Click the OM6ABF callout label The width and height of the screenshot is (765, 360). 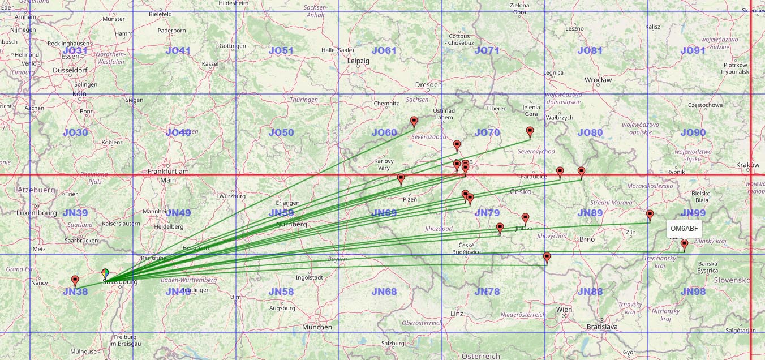(684, 229)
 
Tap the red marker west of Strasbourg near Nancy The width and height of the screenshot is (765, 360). (75, 281)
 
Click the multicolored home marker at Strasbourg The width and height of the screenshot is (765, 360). (105, 274)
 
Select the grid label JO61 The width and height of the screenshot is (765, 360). (384, 50)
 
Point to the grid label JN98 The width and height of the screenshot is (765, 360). (693, 292)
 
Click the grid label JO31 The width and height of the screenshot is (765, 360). (75, 50)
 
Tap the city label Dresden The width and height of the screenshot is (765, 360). (428, 85)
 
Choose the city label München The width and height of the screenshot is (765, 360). (317, 327)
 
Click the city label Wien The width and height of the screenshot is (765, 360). (564, 310)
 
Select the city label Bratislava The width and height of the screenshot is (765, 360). (601, 327)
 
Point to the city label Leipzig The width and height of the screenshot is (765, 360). (358, 61)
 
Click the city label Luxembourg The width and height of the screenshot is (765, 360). (37, 213)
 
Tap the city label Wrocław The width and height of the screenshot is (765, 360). (599, 80)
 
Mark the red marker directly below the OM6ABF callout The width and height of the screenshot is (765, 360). (684, 245)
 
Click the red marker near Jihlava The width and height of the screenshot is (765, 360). (525, 218)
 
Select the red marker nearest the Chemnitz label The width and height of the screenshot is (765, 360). (414, 121)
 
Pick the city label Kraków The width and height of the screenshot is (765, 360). (748, 165)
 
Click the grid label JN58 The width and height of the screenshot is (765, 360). (281, 292)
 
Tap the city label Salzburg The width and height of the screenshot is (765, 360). (393, 343)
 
